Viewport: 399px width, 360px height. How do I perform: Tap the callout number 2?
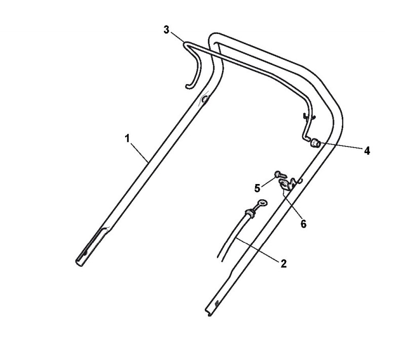pyautogui.click(x=283, y=263)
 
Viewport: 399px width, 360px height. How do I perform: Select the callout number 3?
pyautogui.click(x=166, y=29)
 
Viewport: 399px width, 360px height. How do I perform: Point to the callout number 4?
pyautogui.click(x=366, y=151)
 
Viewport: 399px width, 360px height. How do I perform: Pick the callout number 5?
pyautogui.click(x=258, y=188)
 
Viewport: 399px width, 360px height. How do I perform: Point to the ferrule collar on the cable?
pyautogui.click(x=248, y=212)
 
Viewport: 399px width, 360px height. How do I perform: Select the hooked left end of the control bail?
pyautogui.click(x=191, y=81)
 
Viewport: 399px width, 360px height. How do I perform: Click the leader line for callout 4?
pyautogui.click(x=340, y=147)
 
